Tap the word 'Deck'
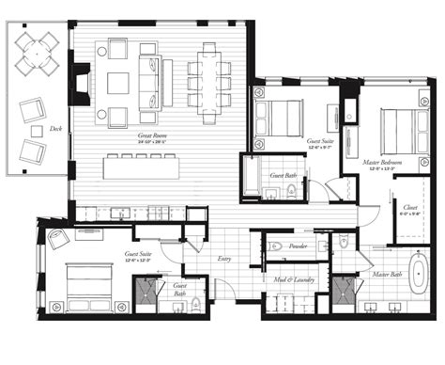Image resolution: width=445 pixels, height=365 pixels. (56, 128)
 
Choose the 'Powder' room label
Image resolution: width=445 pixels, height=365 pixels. (300, 246)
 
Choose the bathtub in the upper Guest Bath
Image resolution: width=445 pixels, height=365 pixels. (253, 175)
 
